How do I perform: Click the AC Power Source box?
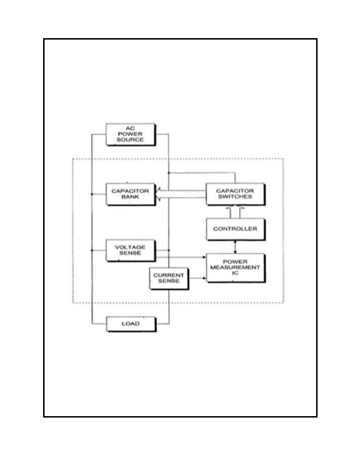130,134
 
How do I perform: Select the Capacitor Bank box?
130,194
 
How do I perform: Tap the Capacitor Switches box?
236,194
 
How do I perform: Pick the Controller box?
236,229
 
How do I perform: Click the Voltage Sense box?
130,250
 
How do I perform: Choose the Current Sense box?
169,278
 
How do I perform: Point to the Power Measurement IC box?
236,268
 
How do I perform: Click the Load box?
131,324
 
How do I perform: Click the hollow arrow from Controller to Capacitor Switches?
235,211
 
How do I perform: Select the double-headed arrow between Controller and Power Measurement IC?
235,247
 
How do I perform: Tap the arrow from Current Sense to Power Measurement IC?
197,278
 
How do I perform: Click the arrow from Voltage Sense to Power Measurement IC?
181,257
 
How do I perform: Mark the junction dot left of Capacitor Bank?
92,194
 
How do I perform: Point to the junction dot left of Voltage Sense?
92,250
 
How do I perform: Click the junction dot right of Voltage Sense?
169,250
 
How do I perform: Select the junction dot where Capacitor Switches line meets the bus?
169,173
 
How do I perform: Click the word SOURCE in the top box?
130,140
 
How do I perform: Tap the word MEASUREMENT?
235,267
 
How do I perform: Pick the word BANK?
130,196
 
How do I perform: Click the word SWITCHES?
235,196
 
